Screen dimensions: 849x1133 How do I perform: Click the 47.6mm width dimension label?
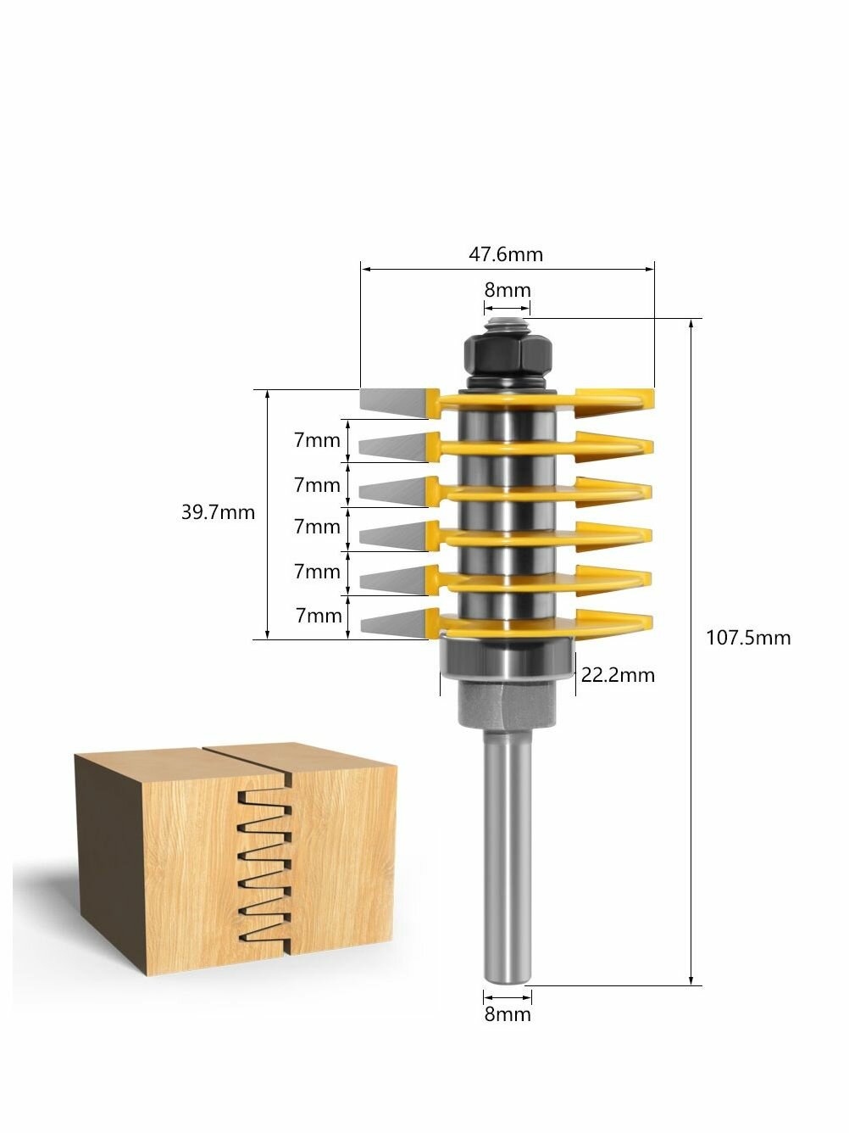[505, 254]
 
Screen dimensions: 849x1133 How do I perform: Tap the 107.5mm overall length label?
[748, 638]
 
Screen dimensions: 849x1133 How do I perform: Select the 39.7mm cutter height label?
[218, 512]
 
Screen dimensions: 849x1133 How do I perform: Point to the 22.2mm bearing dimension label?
[618, 675]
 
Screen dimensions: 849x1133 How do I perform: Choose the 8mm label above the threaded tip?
[508, 290]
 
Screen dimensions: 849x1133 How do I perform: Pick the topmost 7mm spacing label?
[317, 440]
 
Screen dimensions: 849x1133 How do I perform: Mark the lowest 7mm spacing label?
[319, 616]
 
